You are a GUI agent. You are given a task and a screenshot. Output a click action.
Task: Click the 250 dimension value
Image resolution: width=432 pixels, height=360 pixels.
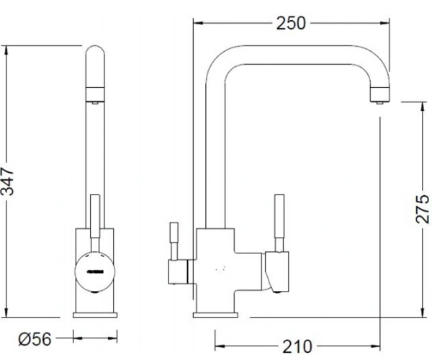tap(291, 24)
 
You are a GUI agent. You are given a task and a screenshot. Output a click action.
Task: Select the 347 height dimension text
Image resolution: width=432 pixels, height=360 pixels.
tap(7, 181)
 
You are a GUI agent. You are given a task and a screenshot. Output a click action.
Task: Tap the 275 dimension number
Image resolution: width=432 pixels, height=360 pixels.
tap(422, 209)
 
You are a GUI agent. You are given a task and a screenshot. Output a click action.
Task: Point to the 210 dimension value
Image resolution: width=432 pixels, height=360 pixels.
tap(297, 346)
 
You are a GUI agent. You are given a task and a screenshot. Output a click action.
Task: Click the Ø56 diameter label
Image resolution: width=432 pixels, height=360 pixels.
tap(35, 339)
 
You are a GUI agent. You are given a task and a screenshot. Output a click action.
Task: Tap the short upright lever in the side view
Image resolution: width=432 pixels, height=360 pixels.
tap(174, 240)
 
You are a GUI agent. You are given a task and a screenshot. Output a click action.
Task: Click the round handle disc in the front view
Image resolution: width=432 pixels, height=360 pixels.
tap(94, 271)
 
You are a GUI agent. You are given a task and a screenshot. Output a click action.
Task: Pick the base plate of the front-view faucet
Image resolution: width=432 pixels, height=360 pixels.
tap(95, 315)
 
